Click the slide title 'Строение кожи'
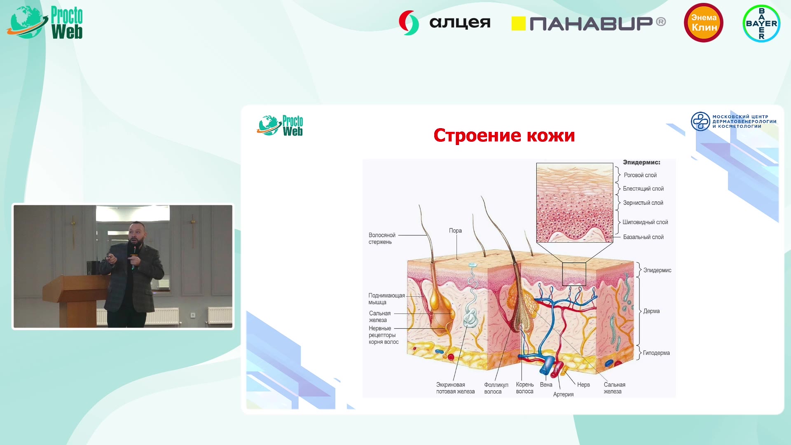pos(504,136)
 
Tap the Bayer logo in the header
pos(761,23)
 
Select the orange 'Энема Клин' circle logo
pos(704,23)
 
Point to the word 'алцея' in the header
pos(460,23)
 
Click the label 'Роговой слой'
pos(640,175)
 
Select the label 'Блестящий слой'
pos(643,189)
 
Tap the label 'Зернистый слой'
pos(643,203)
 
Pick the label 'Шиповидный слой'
pos(645,222)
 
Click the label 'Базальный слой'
pos(643,237)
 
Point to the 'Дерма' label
pos(651,311)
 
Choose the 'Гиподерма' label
pos(656,353)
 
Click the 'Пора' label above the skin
pos(455,231)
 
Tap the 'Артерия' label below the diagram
pos(563,394)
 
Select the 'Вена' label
pos(546,384)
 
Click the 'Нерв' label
pos(583,384)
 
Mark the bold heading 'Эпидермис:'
pos(641,162)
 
